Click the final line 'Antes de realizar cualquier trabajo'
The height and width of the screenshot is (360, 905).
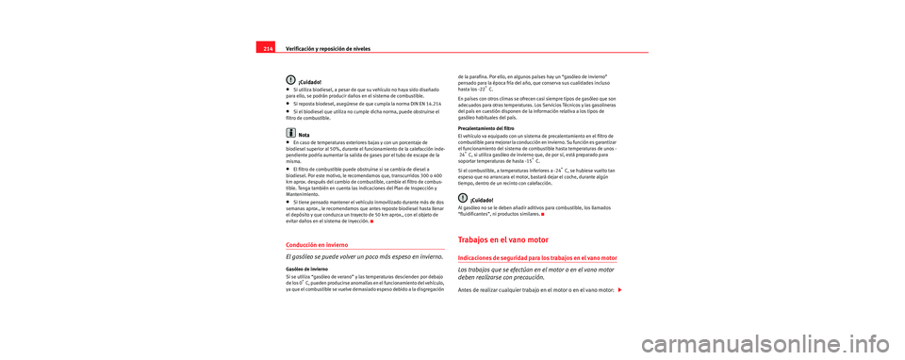click(x=535, y=288)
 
